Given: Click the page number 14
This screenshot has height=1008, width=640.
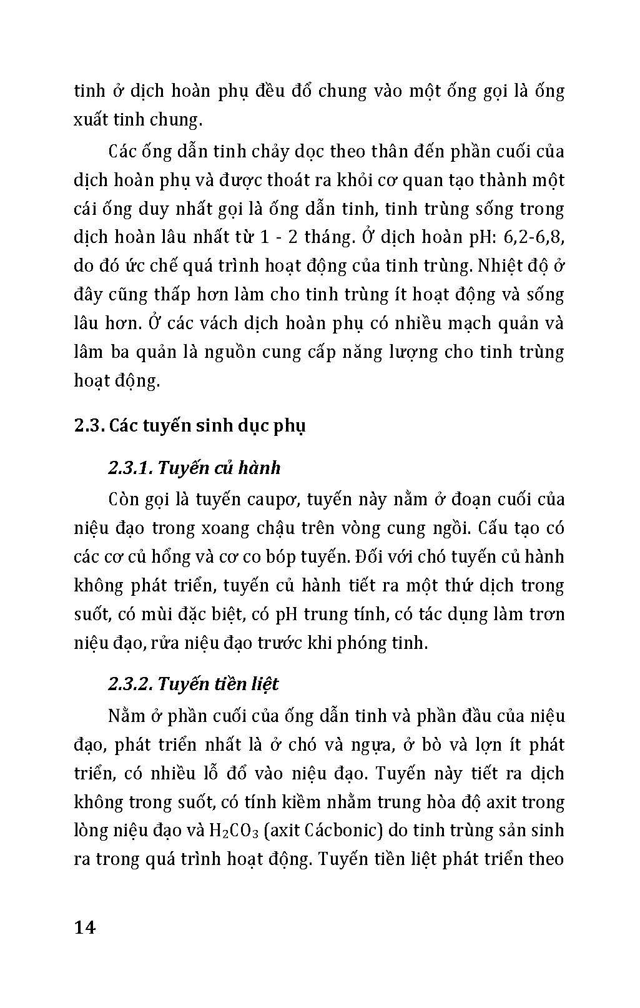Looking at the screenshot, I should tap(85, 927).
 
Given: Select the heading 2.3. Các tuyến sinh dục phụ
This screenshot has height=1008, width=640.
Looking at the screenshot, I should tap(190, 426).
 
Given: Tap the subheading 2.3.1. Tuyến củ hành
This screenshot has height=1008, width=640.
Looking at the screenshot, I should tap(194, 468).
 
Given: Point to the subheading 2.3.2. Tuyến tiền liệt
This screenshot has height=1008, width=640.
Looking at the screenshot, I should tap(193, 684).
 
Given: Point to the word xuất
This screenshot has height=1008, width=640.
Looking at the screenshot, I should tap(93, 120).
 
